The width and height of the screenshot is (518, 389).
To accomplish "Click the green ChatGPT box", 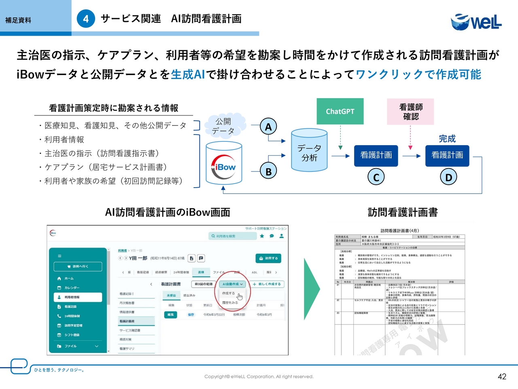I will pyautogui.click(x=340, y=111).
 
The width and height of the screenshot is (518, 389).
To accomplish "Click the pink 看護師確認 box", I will pyautogui.click(x=411, y=111).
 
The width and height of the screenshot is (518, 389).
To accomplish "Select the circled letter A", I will pyautogui.click(x=268, y=127).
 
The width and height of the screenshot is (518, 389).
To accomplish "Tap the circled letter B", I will pyautogui.click(x=268, y=171).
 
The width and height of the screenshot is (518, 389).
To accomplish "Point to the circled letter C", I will pyautogui.click(x=376, y=177).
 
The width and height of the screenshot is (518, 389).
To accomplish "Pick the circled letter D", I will pyautogui.click(x=448, y=177).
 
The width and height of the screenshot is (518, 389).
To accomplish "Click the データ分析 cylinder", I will pyautogui.click(x=309, y=151).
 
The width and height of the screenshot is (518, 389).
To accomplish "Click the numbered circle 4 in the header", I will pyautogui.click(x=86, y=19).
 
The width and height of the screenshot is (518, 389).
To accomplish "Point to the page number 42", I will pyautogui.click(x=502, y=376).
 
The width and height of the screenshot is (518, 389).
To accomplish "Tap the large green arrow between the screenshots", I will pyautogui.click(x=312, y=289).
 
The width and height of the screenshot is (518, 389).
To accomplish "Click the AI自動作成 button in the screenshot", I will pyautogui.click(x=232, y=284).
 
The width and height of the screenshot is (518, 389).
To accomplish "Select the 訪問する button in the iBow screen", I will pyautogui.click(x=268, y=258).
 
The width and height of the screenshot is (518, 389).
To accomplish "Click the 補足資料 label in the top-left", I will pyautogui.click(x=18, y=20).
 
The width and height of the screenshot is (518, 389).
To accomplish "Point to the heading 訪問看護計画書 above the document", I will pyautogui.click(x=403, y=212).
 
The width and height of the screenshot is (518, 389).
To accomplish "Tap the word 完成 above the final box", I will pyautogui.click(x=447, y=139).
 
